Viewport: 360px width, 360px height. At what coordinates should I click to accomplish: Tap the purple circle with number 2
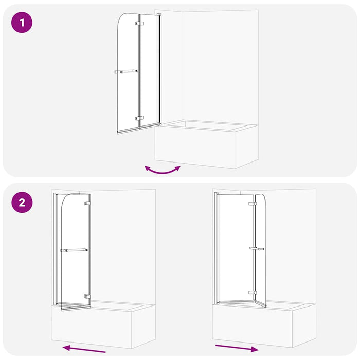click(x=22, y=202)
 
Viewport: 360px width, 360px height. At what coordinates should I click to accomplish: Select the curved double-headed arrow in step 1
click(x=163, y=170)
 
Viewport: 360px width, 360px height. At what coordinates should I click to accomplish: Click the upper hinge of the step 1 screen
click(x=139, y=24)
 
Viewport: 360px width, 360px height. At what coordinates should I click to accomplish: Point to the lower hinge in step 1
click(x=139, y=118)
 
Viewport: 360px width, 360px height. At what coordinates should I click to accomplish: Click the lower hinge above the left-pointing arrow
click(x=88, y=296)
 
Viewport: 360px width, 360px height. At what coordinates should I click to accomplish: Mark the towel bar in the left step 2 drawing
click(x=74, y=250)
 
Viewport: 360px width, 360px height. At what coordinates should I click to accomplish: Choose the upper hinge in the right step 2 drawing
click(x=252, y=204)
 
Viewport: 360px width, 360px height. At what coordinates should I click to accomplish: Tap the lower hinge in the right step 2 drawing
click(x=252, y=293)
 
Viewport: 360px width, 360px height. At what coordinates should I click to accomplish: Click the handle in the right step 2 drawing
click(x=256, y=249)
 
